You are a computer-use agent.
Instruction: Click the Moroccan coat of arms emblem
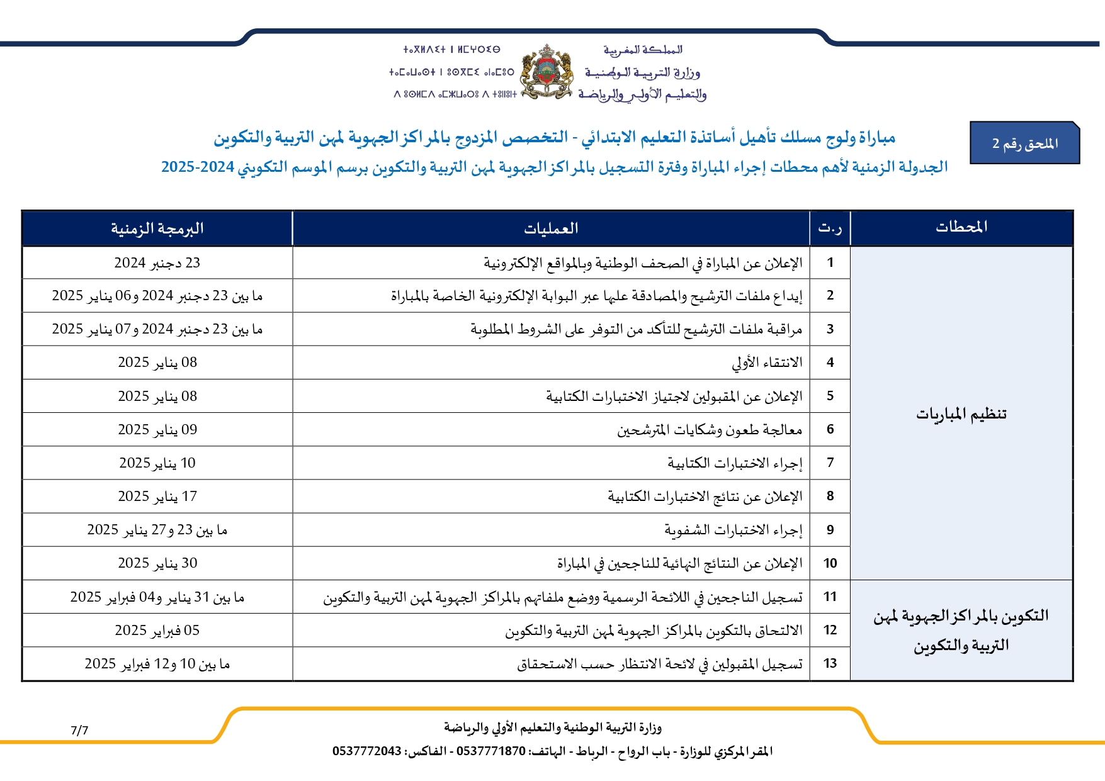tap(547, 72)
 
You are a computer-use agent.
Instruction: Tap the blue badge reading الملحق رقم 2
tap(1024, 143)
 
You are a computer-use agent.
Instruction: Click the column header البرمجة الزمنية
tap(157, 228)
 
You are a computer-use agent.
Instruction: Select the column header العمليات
tap(551, 228)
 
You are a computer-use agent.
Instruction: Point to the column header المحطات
tap(961, 227)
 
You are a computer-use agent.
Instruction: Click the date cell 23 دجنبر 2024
tap(157, 263)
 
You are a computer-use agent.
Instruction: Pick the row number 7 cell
tap(830, 463)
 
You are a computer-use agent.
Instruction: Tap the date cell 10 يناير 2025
tap(157, 463)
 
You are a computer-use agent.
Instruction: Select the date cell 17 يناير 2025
tap(157, 497)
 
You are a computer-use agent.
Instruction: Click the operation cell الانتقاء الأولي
tap(767, 362)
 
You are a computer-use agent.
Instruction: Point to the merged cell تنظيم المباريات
tap(961, 413)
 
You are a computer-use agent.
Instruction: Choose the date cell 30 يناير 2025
tap(157, 563)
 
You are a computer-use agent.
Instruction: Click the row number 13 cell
tap(830, 663)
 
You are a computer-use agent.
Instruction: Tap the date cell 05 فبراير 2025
tap(157, 631)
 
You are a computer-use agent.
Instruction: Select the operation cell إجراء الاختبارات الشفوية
tap(734, 530)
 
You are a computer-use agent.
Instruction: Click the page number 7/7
tap(79, 731)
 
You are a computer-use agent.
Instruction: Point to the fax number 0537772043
tap(367, 751)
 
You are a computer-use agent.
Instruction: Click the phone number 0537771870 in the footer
tap(490, 751)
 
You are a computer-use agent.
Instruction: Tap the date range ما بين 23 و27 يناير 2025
tap(157, 530)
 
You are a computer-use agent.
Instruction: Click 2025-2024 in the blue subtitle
tap(198, 167)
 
